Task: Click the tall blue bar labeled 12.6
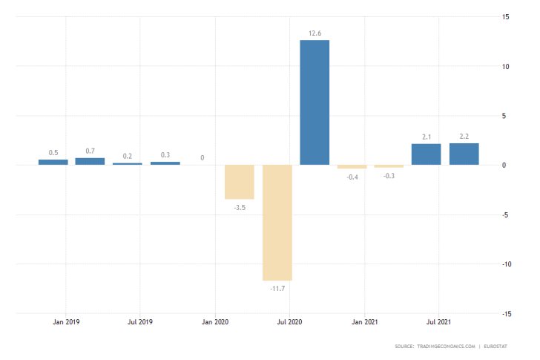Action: [x=315, y=102]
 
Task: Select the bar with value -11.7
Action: [x=277, y=222]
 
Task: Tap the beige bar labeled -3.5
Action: [x=240, y=182]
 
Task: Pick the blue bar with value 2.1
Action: [x=426, y=154]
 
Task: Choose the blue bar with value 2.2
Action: [x=464, y=154]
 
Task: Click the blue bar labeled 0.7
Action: [x=90, y=161]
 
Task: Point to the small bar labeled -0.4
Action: [x=352, y=167]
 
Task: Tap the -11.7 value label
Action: [x=277, y=287]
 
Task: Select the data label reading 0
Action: [x=202, y=158]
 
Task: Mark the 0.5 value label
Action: [x=53, y=153]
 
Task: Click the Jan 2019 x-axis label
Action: [x=66, y=322]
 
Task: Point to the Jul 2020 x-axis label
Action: [x=289, y=322]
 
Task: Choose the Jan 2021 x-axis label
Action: [x=364, y=322]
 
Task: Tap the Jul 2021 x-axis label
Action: [x=438, y=322]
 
